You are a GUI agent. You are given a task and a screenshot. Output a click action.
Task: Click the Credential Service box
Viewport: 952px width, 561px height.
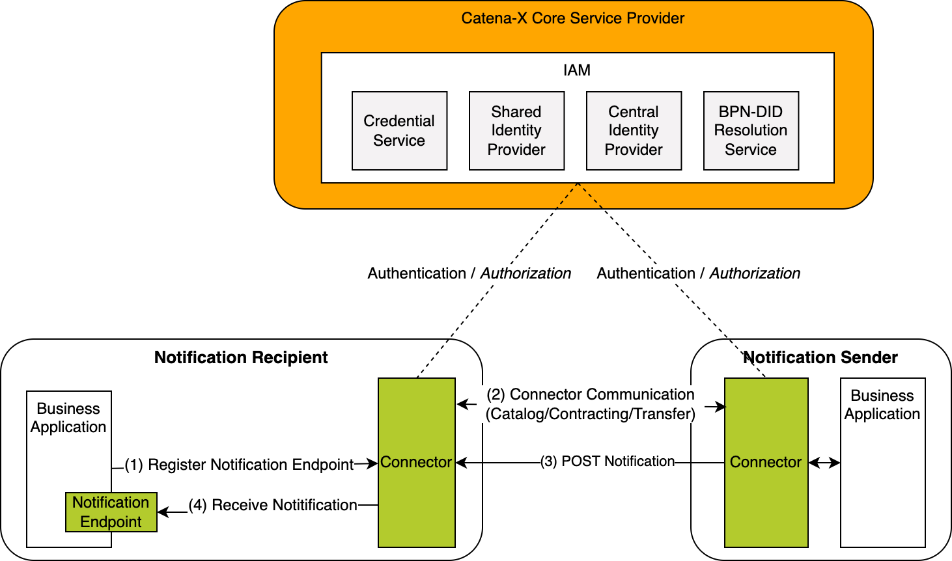click(x=399, y=131)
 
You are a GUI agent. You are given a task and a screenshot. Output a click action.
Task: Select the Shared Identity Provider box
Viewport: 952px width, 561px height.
click(x=516, y=131)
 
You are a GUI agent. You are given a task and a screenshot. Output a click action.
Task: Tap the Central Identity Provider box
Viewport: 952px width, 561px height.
click(x=634, y=131)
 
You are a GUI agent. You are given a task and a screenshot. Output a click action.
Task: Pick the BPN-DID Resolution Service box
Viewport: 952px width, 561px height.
click(x=751, y=131)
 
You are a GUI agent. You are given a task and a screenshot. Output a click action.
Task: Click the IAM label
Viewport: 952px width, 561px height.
click(x=577, y=70)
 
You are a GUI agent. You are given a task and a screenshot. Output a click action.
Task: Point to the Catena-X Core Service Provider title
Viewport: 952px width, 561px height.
click(x=572, y=18)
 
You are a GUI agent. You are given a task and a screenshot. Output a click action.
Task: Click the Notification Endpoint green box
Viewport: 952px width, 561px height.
click(x=111, y=512)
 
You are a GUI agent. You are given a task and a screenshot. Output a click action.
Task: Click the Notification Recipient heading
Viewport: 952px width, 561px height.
click(x=241, y=357)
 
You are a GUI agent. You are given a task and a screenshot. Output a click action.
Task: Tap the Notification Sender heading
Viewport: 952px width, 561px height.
click(x=820, y=357)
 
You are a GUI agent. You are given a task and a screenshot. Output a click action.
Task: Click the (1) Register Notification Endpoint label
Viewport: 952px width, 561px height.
click(x=239, y=465)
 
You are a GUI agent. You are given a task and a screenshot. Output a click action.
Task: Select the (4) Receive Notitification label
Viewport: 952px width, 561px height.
click(x=273, y=505)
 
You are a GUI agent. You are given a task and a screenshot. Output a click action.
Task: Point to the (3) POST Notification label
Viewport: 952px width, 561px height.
click(x=608, y=461)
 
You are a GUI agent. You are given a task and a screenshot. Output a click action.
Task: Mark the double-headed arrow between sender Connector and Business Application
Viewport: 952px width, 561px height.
click(x=824, y=463)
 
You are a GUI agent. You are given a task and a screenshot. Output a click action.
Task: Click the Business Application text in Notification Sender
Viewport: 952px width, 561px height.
click(x=882, y=405)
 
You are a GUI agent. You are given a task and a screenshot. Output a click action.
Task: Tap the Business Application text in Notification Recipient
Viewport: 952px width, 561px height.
click(x=68, y=418)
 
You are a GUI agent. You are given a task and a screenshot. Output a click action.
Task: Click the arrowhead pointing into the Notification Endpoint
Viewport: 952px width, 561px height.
click(x=162, y=512)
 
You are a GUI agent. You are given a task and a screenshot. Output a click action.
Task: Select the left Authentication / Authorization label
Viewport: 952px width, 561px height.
click(x=469, y=273)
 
